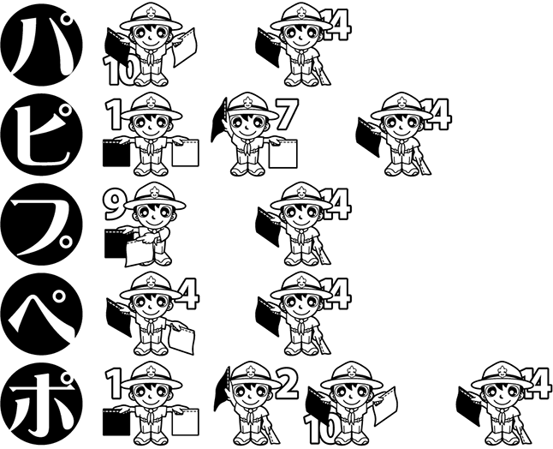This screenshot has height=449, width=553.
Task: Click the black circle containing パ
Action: point(42,44)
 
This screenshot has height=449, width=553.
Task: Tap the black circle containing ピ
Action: point(42,135)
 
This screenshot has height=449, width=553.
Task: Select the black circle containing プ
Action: point(42,224)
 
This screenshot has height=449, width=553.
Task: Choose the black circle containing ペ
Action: point(42,314)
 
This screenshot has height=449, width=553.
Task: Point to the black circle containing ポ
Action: point(42,404)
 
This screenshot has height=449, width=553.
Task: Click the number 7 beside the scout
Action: point(288,114)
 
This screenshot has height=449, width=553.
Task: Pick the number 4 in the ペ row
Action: point(189,293)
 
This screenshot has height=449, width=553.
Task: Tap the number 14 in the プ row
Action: point(336,204)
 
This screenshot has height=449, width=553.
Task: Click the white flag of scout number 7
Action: point(282,154)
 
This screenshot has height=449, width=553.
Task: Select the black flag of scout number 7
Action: point(218,121)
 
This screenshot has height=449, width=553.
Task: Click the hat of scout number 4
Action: point(151,287)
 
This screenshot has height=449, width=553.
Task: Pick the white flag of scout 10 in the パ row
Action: point(184,47)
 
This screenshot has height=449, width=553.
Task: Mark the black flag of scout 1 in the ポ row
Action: point(116,422)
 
